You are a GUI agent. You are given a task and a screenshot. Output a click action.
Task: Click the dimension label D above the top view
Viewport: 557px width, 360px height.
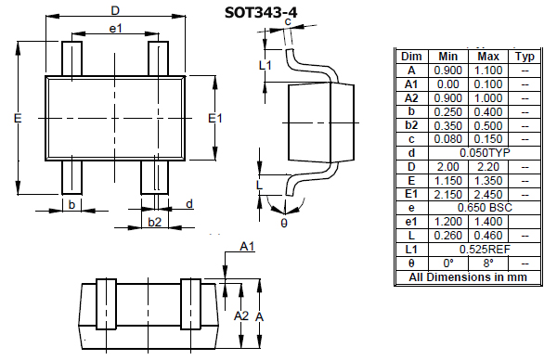point(114,10)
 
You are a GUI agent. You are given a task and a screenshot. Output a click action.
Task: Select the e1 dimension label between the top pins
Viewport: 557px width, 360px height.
point(116,30)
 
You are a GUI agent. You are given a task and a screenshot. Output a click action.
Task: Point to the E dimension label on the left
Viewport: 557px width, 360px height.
point(18,118)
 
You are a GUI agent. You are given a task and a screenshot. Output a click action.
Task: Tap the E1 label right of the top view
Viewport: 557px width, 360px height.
point(215,118)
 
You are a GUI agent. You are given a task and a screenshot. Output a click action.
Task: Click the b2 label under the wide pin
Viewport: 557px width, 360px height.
point(155,222)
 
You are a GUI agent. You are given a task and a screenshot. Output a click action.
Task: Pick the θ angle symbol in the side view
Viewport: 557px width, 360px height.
point(283,222)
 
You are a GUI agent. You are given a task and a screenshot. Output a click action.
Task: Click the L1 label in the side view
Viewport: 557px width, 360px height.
point(265,65)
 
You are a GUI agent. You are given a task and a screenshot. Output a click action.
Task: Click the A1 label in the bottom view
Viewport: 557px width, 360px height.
point(247,246)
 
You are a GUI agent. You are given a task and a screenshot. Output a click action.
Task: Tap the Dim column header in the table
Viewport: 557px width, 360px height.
point(411,56)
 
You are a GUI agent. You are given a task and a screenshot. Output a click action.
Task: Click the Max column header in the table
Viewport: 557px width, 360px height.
point(488,56)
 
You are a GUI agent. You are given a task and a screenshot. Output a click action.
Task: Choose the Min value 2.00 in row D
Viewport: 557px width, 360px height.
point(447,166)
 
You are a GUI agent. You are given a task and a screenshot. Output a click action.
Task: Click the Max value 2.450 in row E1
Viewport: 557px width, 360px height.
point(488,194)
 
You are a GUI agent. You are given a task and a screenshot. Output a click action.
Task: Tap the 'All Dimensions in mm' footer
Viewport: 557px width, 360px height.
point(467,277)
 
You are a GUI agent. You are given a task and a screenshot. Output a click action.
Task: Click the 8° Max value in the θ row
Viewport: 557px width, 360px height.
point(488,264)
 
